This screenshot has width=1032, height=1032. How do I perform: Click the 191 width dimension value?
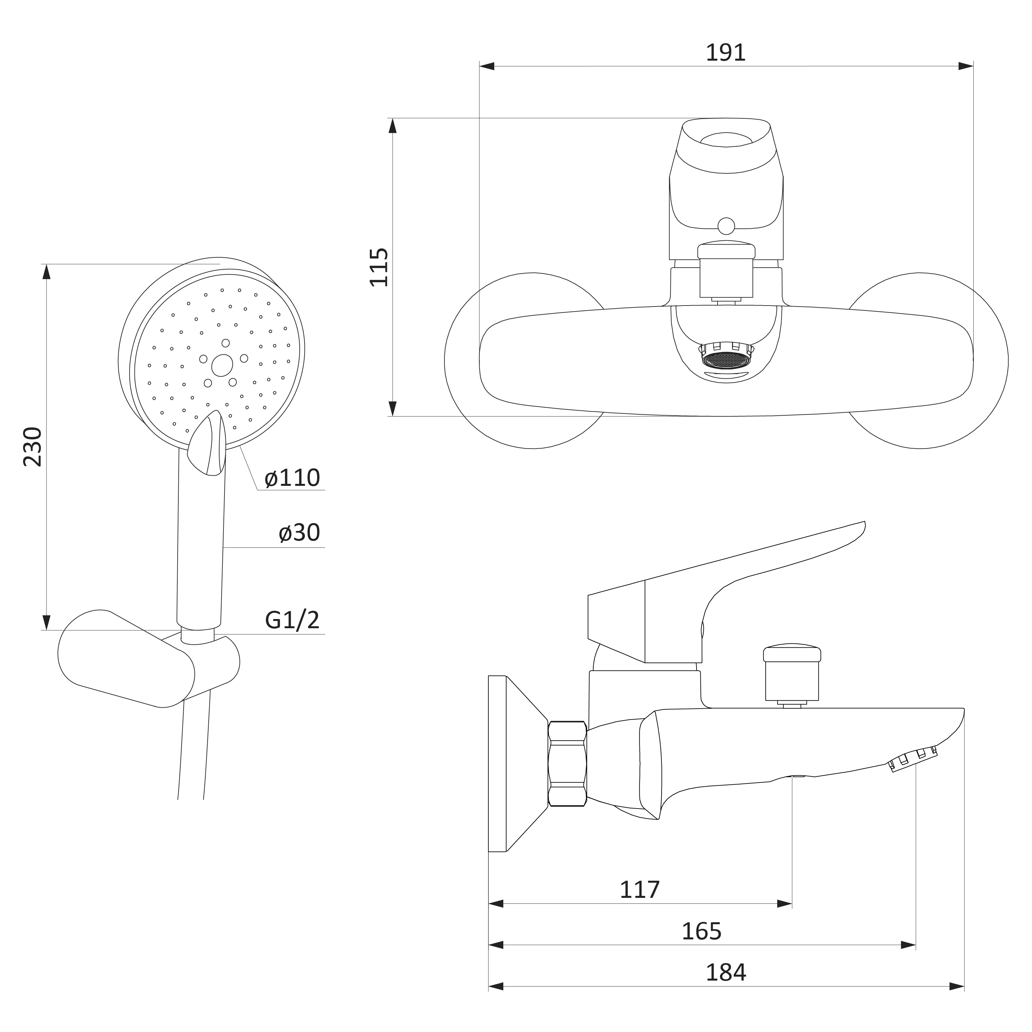coord(725,52)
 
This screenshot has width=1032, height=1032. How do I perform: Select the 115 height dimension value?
coord(379,267)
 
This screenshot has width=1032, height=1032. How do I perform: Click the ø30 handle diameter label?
coord(299,533)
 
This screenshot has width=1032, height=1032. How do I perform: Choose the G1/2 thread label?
coord(292,620)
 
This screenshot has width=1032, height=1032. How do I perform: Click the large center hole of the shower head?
coord(222,365)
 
